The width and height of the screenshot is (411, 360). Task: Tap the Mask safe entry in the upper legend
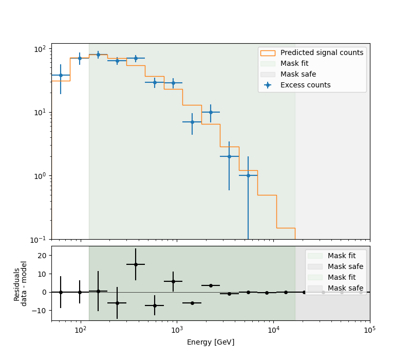point(298,74)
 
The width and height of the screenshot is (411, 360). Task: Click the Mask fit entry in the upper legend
point(294,63)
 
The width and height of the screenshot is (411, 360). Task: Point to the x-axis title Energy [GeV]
point(211,342)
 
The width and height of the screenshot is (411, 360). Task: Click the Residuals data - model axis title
point(21,283)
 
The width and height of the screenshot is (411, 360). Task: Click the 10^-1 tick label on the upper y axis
point(40,240)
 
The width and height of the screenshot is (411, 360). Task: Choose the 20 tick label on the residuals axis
point(42,256)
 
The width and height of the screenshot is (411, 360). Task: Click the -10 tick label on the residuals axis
point(39,311)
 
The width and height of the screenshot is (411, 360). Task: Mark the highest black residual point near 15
point(136,264)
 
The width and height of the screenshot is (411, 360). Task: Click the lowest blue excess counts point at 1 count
point(248,175)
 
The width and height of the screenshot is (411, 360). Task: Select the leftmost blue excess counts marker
point(61,75)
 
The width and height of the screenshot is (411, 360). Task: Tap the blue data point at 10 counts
point(211,112)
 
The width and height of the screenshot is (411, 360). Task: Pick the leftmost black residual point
point(61,292)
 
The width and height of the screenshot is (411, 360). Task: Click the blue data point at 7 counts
point(192,122)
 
